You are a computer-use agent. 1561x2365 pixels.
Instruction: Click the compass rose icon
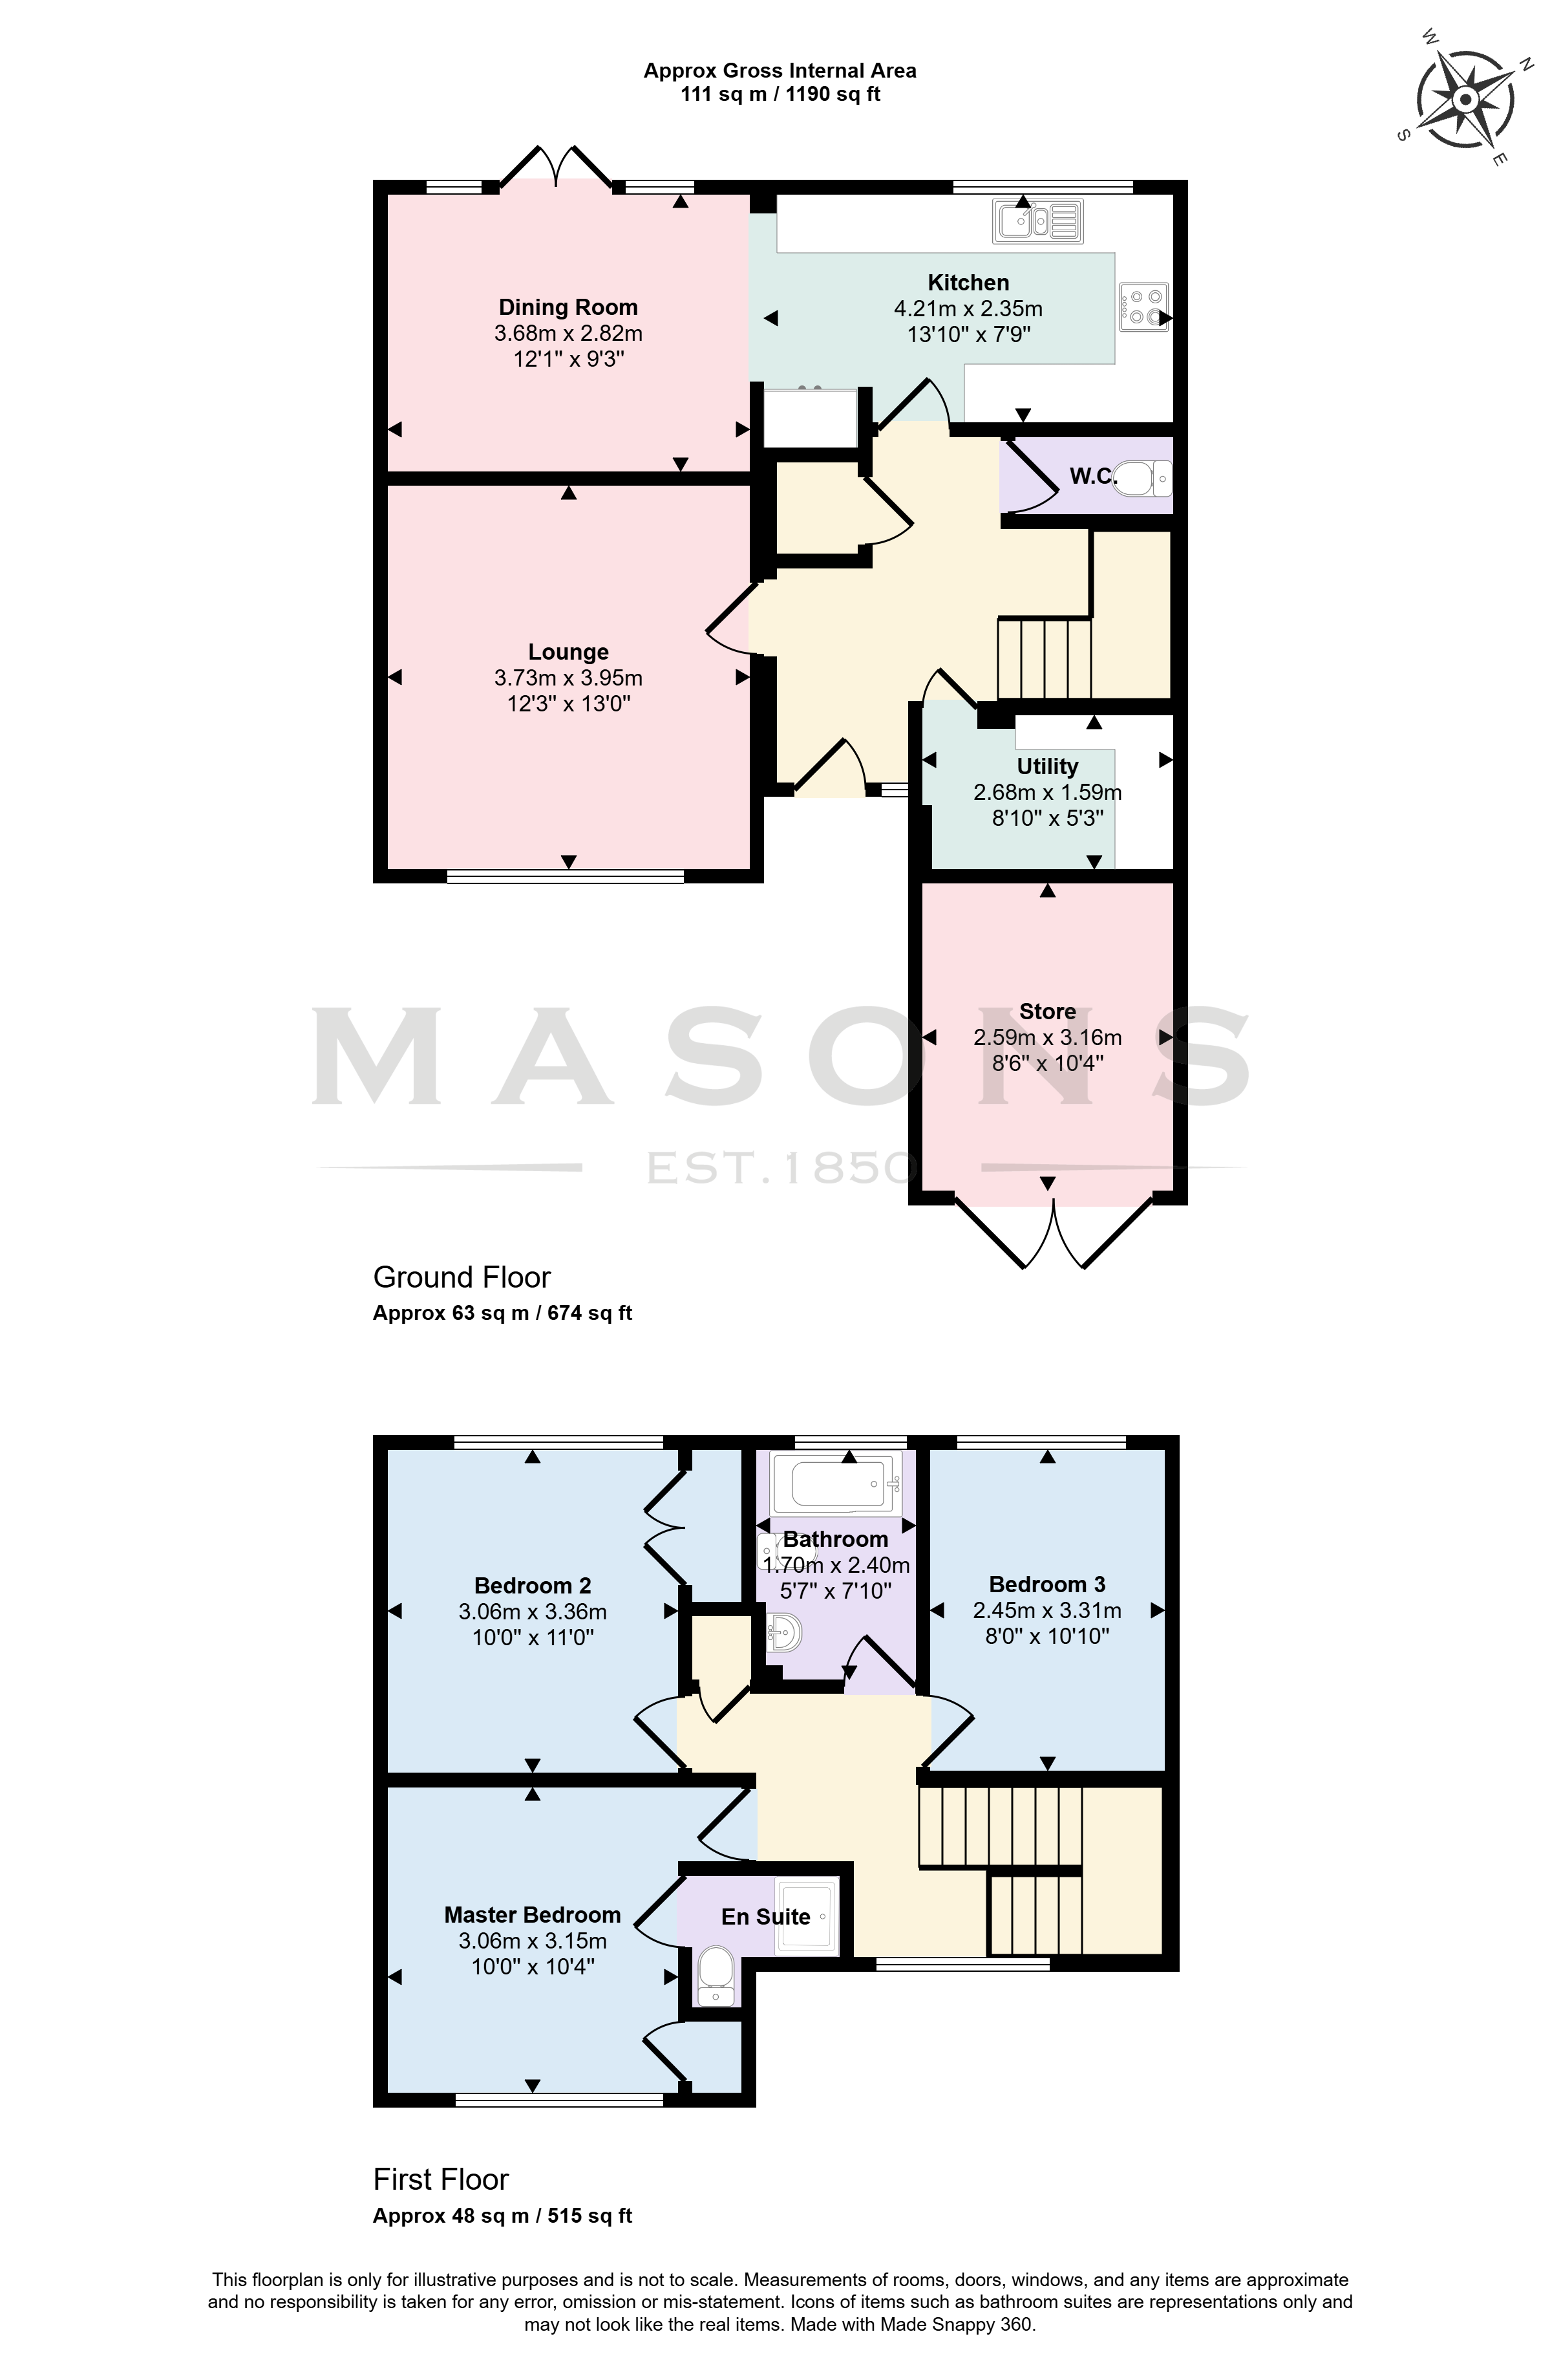[1465, 100]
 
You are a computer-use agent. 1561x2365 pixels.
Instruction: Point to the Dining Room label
[568, 308]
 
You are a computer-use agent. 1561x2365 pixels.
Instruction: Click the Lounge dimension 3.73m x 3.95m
[568, 678]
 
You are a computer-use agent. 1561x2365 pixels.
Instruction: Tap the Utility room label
[1047, 767]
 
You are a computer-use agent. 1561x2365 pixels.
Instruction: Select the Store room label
[1047, 1011]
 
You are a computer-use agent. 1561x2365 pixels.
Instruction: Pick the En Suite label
[765, 1917]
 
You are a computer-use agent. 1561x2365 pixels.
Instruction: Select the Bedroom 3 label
[1047, 1584]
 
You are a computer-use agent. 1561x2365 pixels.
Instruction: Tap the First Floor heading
[441, 2180]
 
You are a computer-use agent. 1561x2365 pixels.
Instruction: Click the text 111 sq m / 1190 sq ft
[781, 94]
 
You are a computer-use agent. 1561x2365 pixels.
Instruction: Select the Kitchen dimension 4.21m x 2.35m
[968, 308]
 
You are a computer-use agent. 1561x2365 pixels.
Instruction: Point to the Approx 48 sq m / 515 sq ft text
[503, 2216]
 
